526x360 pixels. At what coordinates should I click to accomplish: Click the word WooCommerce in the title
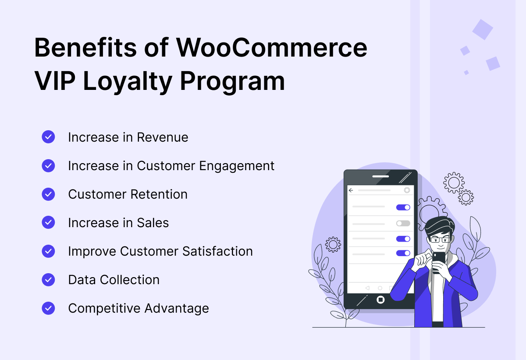coord(272,48)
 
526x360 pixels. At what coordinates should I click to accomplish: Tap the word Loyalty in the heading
coord(128,82)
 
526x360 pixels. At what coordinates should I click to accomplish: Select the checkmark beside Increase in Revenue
coord(48,137)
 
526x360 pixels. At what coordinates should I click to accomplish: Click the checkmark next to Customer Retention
coord(48,194)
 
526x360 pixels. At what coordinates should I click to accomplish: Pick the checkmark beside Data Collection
coord(48,280)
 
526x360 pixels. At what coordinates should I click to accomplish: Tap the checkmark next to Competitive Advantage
coord(48,308)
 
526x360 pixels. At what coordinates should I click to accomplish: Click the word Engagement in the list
coord(237,167)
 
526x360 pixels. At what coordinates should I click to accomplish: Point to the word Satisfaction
coord(217,251)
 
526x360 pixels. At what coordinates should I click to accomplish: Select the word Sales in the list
coord(153,223)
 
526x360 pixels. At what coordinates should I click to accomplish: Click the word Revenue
coord(163,137)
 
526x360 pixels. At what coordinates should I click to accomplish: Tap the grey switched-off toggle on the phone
coord(403,223)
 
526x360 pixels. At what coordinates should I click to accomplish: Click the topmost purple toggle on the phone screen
coord(403,207)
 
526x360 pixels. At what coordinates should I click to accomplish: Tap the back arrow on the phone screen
coord(351,190)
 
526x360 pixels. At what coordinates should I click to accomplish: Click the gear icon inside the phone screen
coord(407,190)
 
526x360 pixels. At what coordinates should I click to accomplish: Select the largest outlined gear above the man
coord(454,183)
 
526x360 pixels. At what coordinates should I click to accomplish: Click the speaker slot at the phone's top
coord(380,176)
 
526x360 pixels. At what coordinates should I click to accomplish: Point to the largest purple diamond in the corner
coord(483,29)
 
